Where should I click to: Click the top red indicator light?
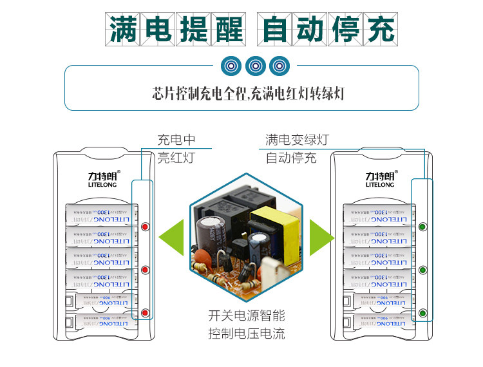(x=145, y=227)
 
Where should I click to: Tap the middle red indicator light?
(x=145, y=270)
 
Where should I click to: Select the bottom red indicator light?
(x=145, y=313)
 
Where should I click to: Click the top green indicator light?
(x=423, y=227)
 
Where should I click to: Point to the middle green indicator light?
(x=423, y=270)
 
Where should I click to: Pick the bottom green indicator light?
(x=423, y=313)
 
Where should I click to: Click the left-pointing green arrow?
(x=171, y=238)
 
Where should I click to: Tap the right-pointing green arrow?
(x=321, y=238)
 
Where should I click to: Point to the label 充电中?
(x=176, y=140)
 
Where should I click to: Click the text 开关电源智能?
(x=246, y=316)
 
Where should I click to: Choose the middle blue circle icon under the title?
(x=256, y=66)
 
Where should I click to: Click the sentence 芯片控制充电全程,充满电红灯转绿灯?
(x=248, y=93)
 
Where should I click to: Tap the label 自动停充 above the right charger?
(x=291, y=158)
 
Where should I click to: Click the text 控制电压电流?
(x=246, y=334)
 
